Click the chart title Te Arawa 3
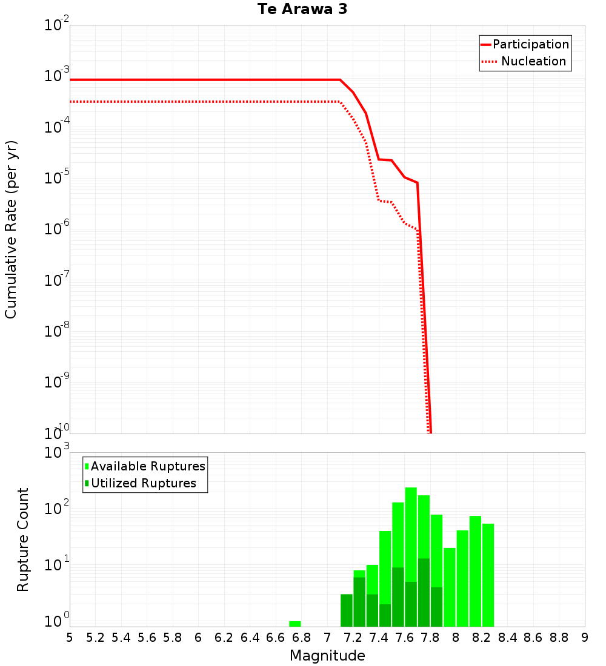coord(302,10)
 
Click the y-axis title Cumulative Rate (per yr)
coord(11,229)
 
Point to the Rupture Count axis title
coord(23,539)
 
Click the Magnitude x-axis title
coord(327,655)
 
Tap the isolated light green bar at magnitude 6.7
coord(295,624)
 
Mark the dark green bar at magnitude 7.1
coord(347,610)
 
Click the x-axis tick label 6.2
coord(224,638)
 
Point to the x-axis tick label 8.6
coord(533,638)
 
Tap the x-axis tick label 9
coord(585,638)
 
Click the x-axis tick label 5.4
coord(121,638)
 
